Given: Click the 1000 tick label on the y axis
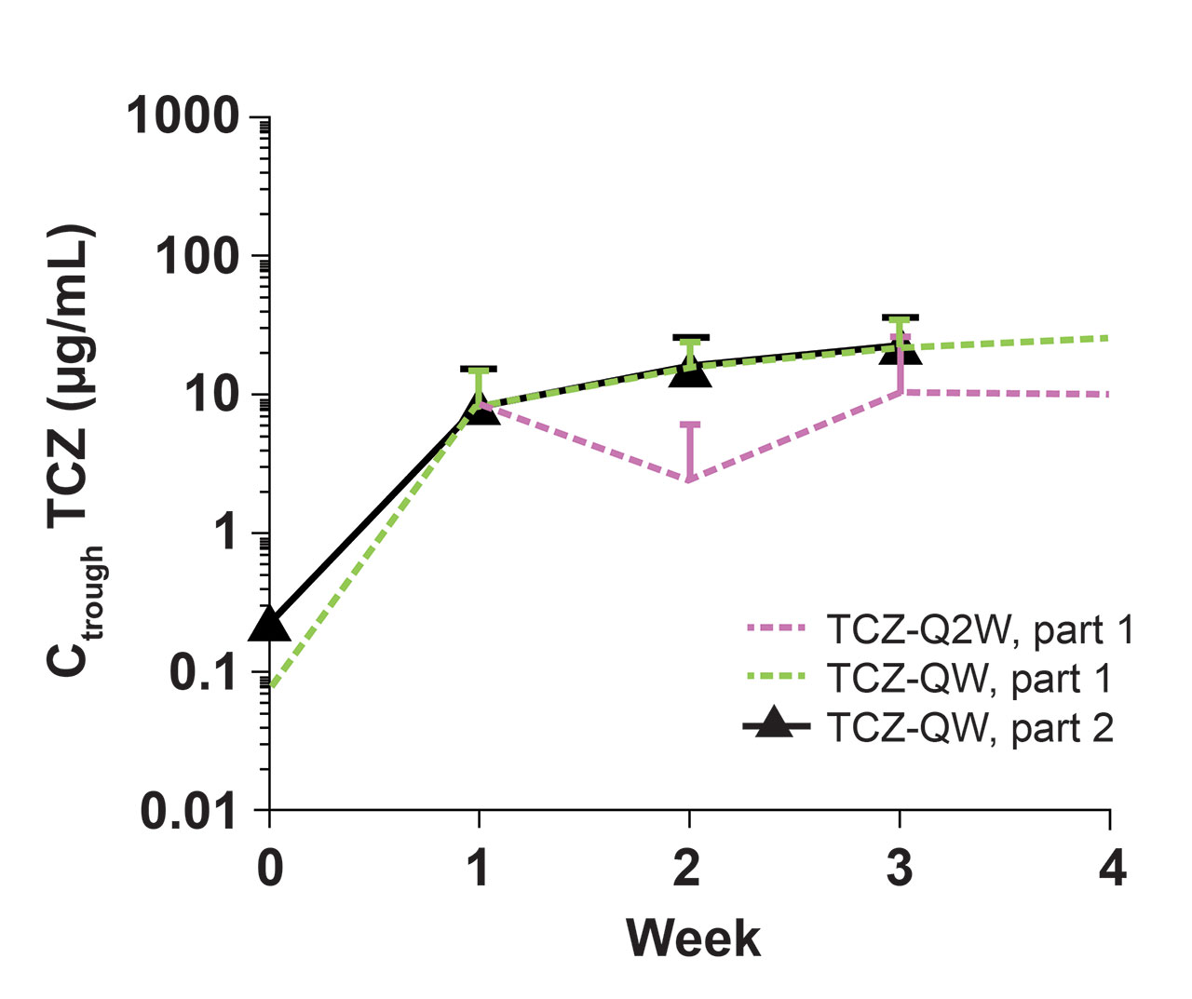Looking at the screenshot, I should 183,117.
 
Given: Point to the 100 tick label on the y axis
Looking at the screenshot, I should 197,256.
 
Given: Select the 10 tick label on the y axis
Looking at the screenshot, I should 213,395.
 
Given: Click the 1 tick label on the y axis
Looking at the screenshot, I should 228,533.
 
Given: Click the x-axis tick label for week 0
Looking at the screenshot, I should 269,868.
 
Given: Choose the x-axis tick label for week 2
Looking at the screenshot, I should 688,868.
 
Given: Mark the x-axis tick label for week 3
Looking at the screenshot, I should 899,868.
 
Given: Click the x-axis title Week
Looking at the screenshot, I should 693,938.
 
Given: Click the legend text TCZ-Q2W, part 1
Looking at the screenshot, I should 981,630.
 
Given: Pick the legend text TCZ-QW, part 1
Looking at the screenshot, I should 969,679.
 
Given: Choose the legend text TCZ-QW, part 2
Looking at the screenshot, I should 969,727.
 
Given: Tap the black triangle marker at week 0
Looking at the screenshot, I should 269,626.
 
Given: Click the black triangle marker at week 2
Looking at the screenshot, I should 689,372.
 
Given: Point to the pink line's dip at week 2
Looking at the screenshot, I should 689,480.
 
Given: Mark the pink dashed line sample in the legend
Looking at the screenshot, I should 776,629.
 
